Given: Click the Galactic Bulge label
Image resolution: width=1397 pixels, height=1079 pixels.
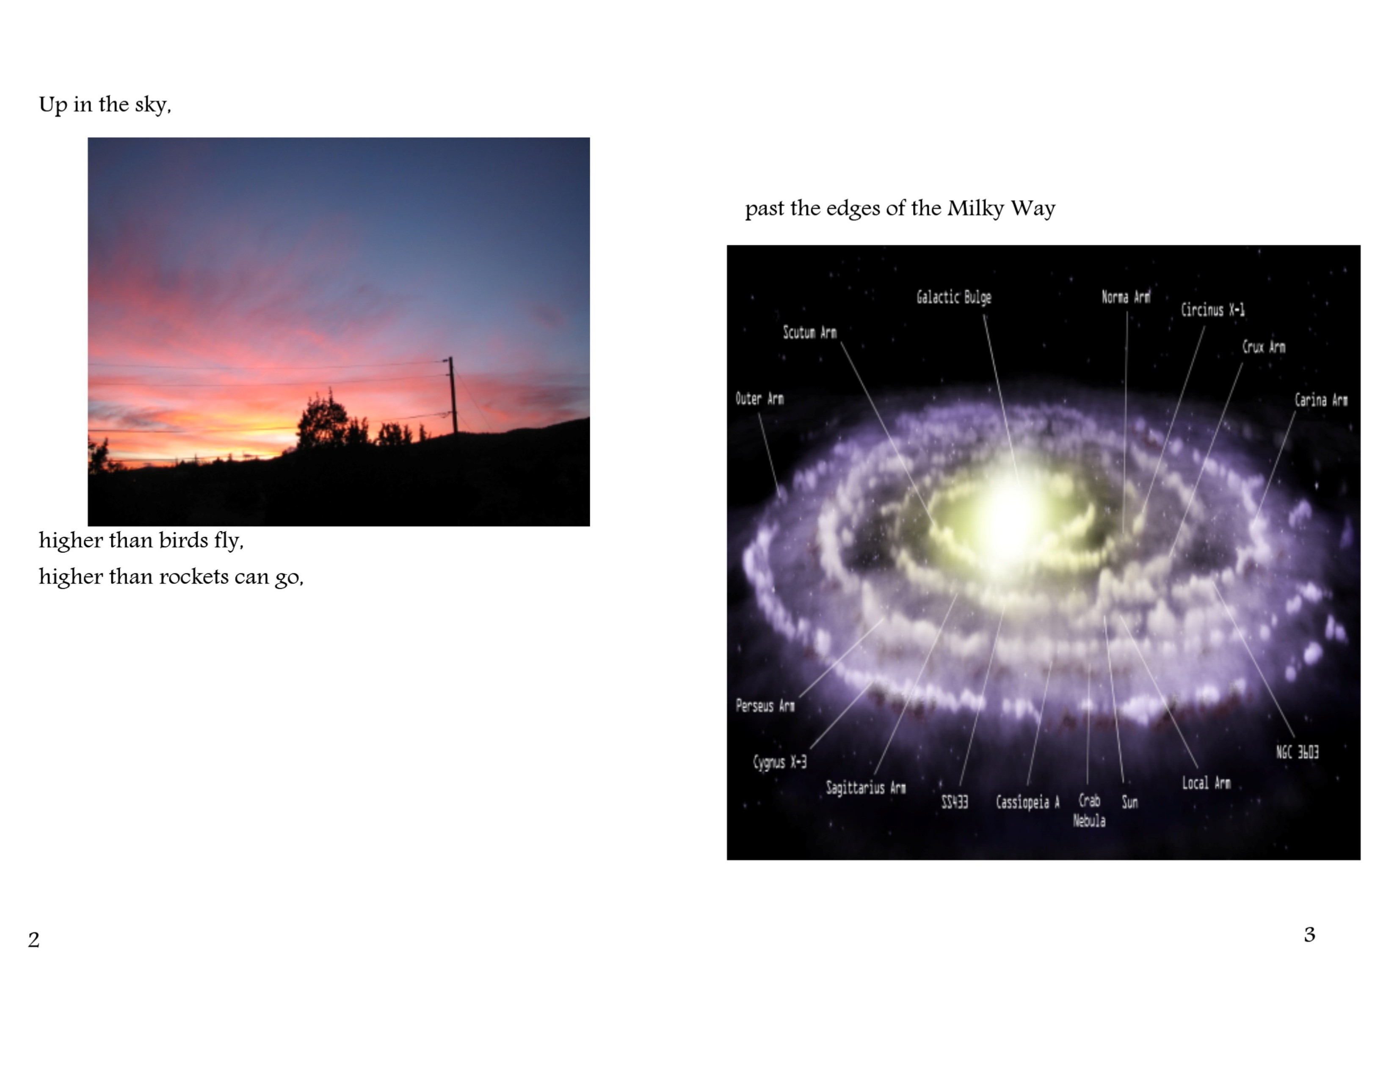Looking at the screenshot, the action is click(x=954, y=297).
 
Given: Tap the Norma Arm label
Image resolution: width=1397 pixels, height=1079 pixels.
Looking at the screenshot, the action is click(x=1126, y=297).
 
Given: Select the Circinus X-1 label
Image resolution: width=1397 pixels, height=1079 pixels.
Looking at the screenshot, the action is click(x=1213, y=310).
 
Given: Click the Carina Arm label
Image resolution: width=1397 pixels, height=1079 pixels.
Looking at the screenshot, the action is click(x=1321, y=400).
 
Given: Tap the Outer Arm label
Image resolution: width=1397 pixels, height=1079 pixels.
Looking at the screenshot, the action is click(x=759, y=399).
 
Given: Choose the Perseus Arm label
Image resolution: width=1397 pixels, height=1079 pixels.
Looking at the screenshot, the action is click(x=765, y=706).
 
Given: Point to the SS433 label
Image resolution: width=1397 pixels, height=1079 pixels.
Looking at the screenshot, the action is click(x=954, y=801).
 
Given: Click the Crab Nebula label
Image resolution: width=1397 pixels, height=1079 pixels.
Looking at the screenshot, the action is click(x=1089, y=811).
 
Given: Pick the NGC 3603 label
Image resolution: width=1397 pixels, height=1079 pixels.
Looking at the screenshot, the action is click(x=1297, y=752).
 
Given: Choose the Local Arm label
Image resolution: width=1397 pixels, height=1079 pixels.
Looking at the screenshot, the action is click(x=1206, y=783).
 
